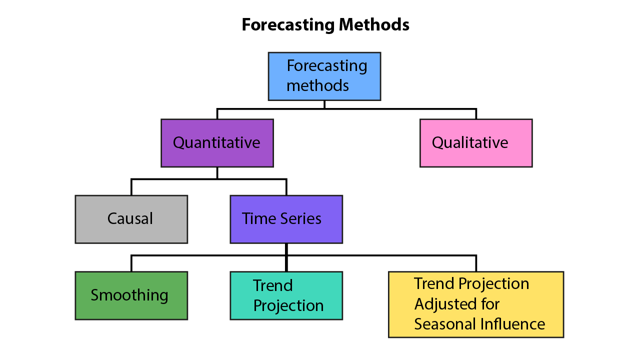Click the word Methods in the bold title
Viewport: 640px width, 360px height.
[x=374, y=24]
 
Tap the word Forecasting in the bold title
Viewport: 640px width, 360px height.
[x=288, y=25]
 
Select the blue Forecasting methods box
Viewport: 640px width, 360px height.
[x=324, y=76]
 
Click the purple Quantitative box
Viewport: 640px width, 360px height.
[x=217, y=143]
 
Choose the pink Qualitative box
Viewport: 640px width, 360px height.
[x=476, y=143]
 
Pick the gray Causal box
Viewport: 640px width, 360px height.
[x=131, y=219]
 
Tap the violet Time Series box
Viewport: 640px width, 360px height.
[x=286, y=219]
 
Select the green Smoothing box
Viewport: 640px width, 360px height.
[x=131, y=295]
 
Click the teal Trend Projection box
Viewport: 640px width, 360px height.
[x=286, y=295]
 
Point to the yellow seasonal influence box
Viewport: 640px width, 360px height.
[x=476, y=304]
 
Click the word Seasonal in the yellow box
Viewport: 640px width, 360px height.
[x=445, y=324]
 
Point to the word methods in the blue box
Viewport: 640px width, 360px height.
[x=317, y=85]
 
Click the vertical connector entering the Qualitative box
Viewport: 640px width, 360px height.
[x=476, y=113]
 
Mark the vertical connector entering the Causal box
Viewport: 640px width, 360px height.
[x=131, y=187]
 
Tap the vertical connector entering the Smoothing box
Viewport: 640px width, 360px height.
[x=131, y=263]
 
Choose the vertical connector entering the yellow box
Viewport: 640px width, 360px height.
[x=476, y=263]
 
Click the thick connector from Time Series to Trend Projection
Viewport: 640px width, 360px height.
[x=286, y=257]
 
